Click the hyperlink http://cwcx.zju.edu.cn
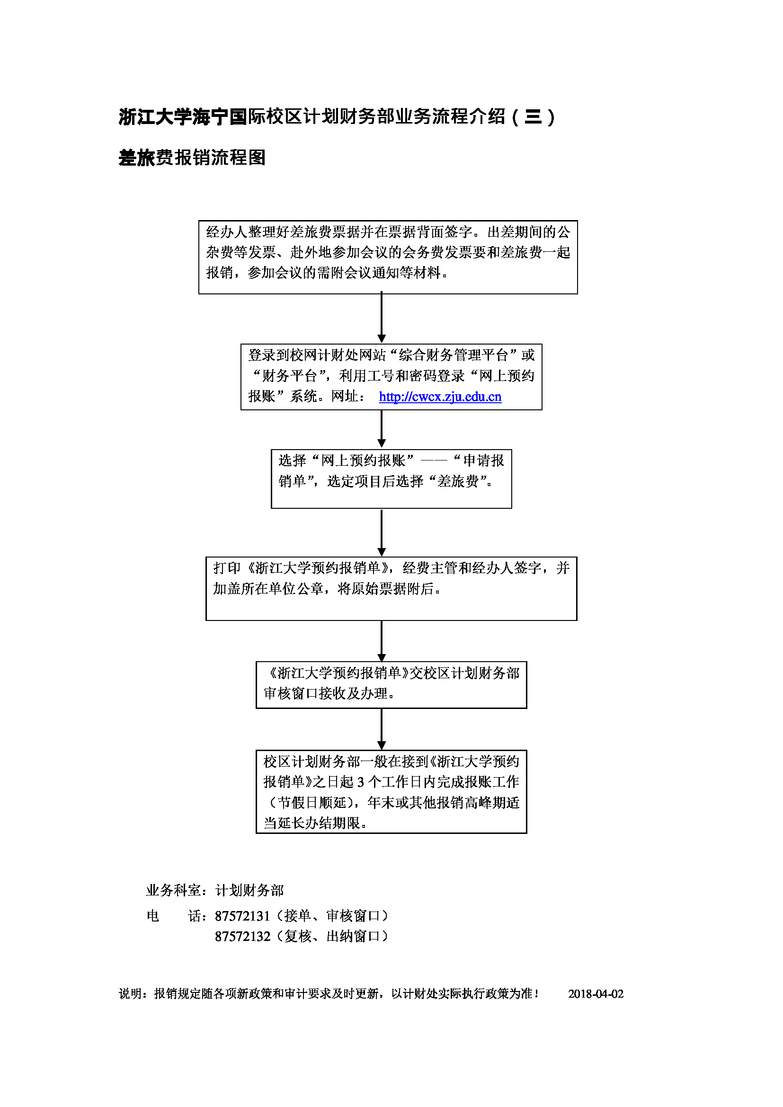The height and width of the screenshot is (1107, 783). (440, 397)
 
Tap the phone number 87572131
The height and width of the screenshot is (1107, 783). (242, 916)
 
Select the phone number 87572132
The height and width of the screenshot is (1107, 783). (242, 936)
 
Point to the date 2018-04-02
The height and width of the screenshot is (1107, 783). (596, 994)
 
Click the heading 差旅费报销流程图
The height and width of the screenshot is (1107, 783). (192, 158)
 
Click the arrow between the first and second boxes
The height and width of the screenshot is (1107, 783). (382, 318)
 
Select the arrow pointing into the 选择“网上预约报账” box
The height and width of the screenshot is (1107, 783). (382, 429)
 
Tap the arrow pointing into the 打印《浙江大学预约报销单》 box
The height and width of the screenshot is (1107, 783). (382, 532)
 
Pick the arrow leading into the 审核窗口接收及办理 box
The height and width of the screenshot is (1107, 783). (382, 641)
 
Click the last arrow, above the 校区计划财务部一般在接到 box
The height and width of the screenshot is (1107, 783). (382, 729)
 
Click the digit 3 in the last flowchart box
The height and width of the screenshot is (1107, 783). (361, 782)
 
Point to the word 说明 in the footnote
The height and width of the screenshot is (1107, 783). (130, 994)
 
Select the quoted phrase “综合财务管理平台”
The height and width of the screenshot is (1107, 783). (453, 355)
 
